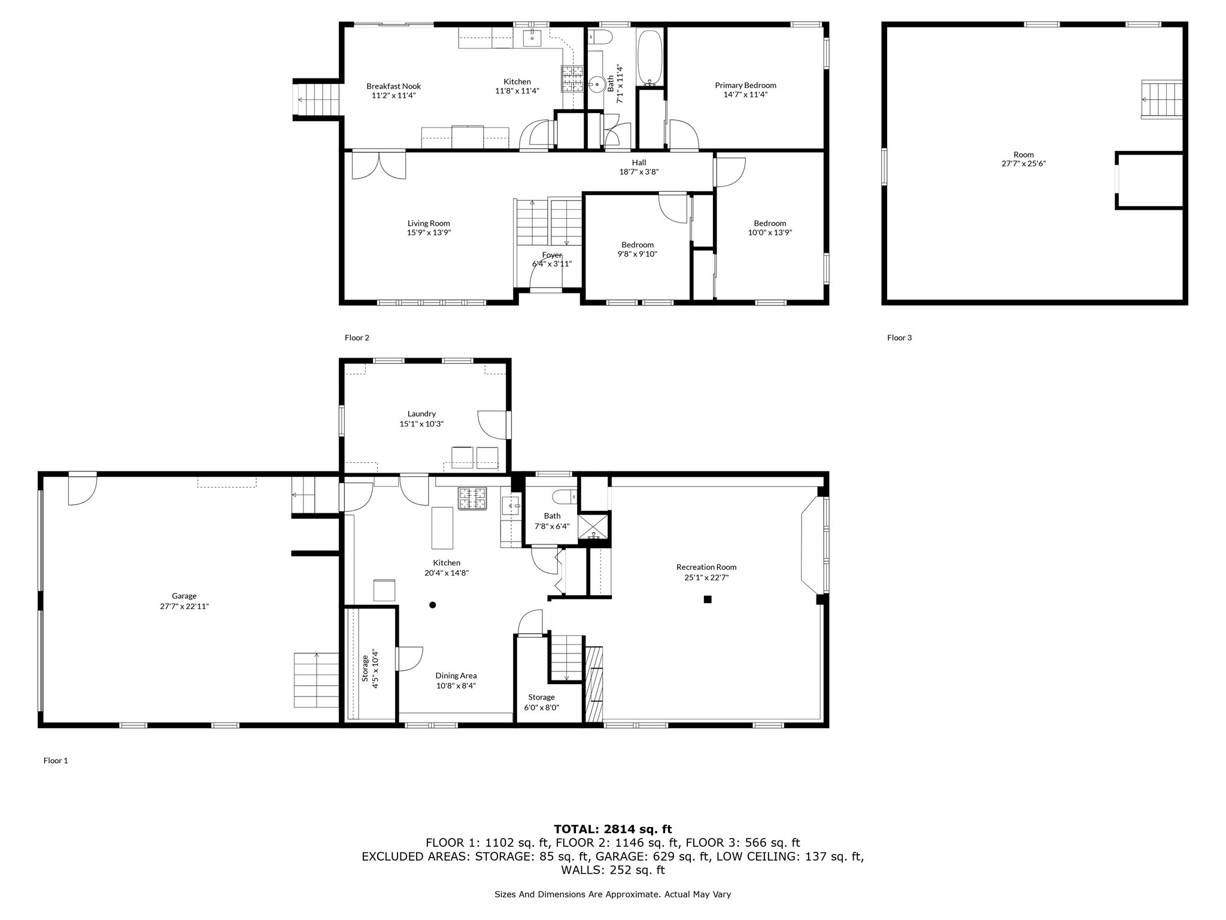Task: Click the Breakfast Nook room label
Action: point(393,86)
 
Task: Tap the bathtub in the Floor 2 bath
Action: point(650,58)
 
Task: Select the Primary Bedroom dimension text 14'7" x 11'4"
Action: point(745,95)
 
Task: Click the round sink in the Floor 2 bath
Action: point(597,84)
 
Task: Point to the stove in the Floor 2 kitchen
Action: point(572,78)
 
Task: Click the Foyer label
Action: point(551,255)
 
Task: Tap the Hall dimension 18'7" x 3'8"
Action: point(639,172)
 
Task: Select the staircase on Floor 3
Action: point(1162,99)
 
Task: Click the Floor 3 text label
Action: point(899,338)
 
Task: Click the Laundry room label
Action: point(421,414)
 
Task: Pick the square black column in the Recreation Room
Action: point(707,599)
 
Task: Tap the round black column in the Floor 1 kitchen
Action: point(432,605)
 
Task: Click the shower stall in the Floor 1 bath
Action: point(593,528)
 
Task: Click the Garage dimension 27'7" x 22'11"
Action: point(184,606)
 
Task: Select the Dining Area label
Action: point(456,676)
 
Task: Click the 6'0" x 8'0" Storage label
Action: point(541,707)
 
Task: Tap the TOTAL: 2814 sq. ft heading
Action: point(612,829)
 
